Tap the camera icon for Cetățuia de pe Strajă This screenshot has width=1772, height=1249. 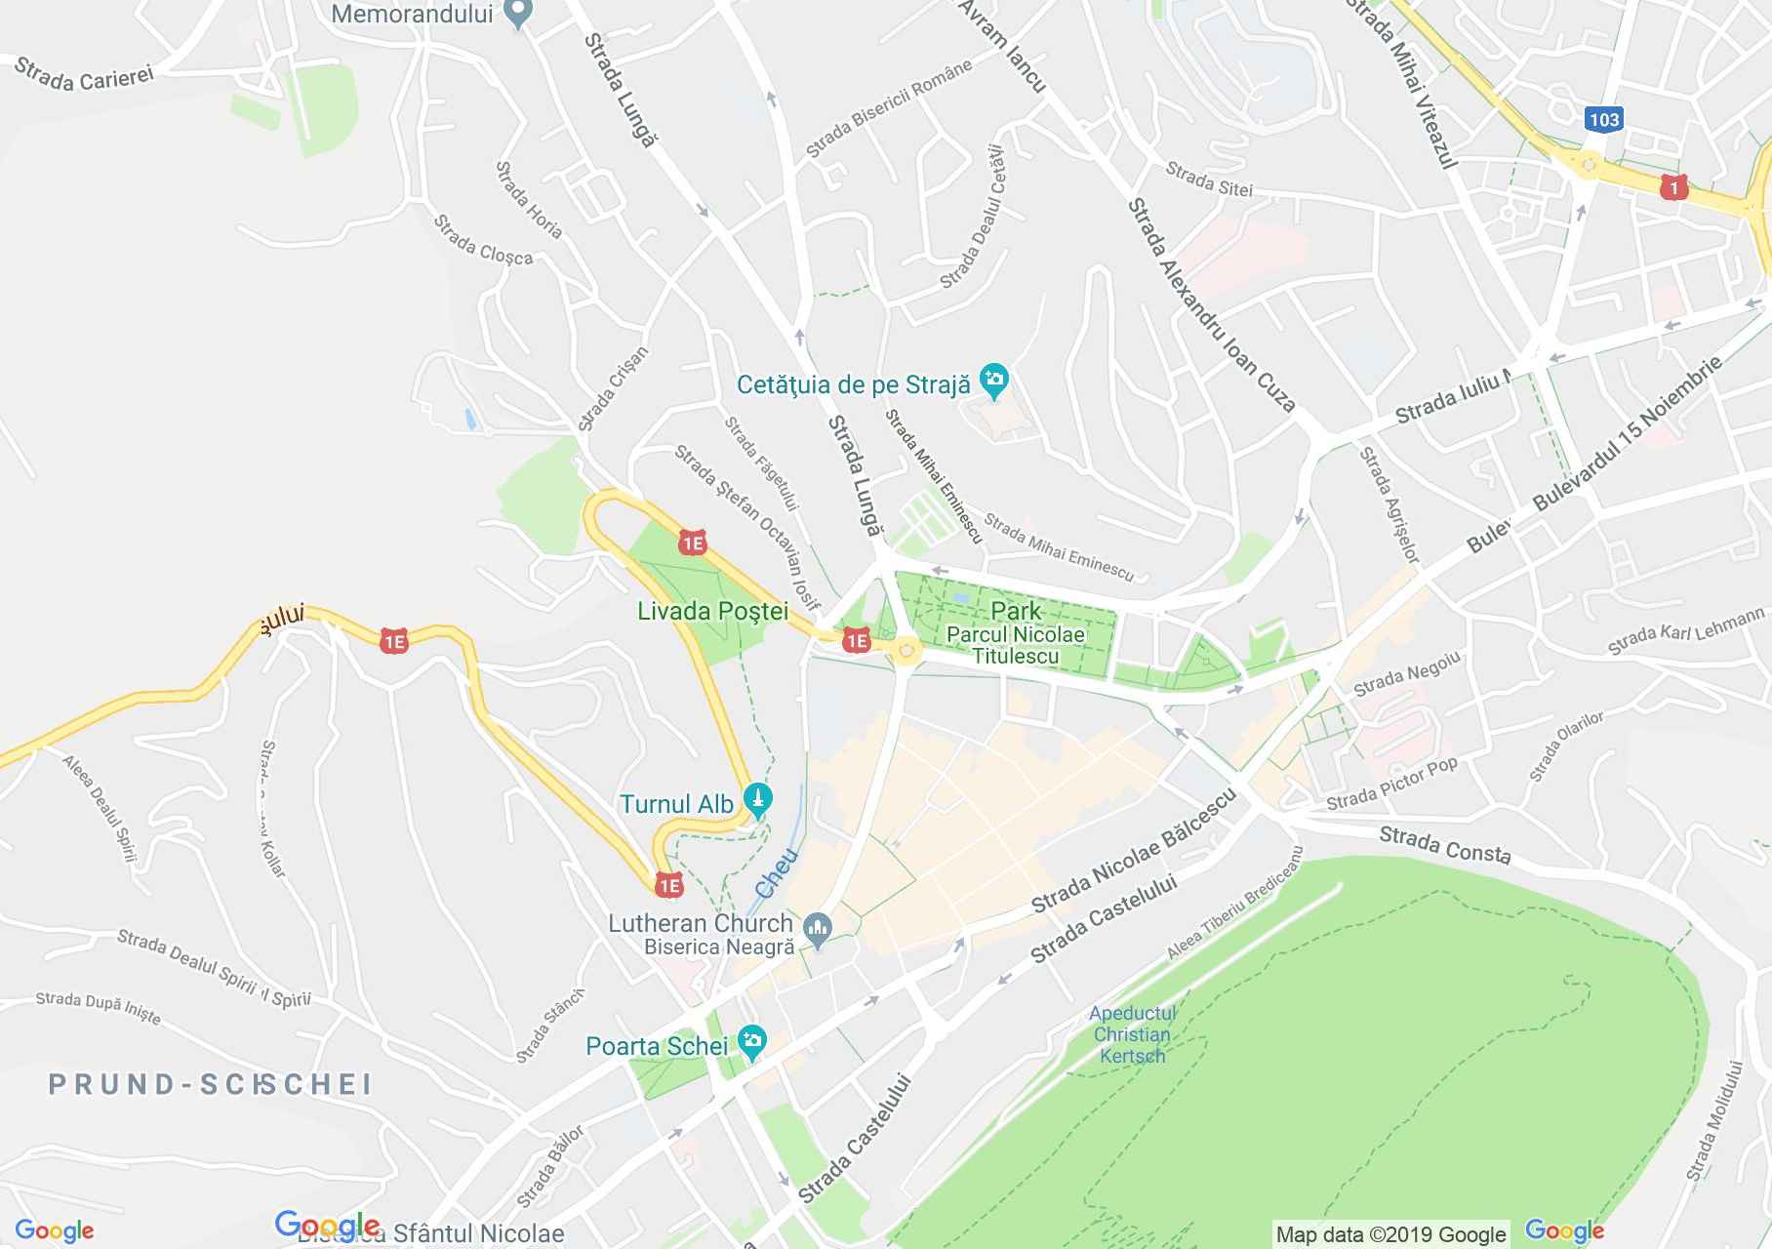point(994,383)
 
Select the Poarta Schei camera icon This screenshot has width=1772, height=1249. point(751,1042)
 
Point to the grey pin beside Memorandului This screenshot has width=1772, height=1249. point(519,14)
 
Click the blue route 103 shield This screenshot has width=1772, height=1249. point(1603,119)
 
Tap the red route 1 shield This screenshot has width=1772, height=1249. point(1673,186)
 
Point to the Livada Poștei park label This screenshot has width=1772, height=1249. point(712,612)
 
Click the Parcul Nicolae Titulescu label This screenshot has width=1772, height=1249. point(1016,645)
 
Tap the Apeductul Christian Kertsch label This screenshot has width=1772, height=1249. point(1131,1034)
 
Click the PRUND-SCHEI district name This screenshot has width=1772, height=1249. point(210,1084)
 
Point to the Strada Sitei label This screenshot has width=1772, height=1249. point(1208,180)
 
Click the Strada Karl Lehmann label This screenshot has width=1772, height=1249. point(1686,630)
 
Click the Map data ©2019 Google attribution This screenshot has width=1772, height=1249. point(1391,1234)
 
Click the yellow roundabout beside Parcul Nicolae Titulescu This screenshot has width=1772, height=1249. point(906,650)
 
